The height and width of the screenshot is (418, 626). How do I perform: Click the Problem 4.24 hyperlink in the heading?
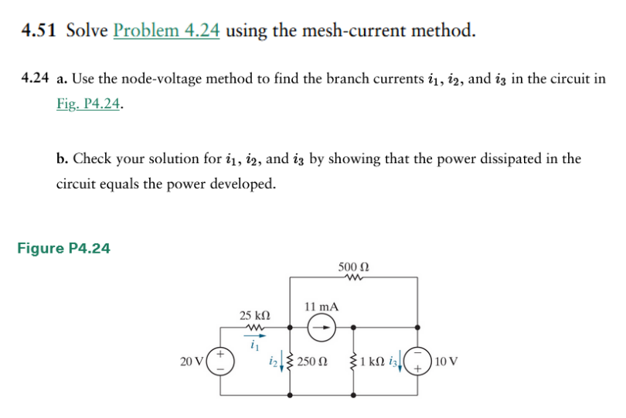tap(166, 31)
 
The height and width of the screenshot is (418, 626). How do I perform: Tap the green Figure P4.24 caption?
tap(63, 248)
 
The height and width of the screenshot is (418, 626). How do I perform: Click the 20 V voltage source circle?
tap(220, 360)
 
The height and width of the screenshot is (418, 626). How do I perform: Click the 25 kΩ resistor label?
tap(254, 315)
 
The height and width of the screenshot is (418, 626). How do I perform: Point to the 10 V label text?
tap(446, 361)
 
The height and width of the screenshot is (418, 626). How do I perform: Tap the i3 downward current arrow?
tap(401, 362)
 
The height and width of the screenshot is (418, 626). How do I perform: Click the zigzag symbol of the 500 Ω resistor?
tap(353, 279)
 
